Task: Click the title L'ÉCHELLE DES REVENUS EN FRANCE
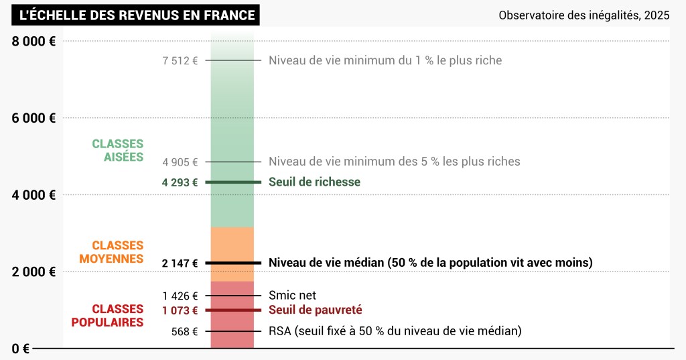[x=137, y=15]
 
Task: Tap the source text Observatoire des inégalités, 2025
[x=584, y=15]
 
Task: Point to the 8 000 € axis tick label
[x=33, y=41]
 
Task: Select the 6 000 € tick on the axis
[x=33, y=118]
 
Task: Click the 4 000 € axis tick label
[x=33, y=195]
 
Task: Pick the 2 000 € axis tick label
[x=33, y=272]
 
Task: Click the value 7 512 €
[x=180, y=60]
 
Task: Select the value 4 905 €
[x=180, y=162]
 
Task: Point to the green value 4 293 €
[x=180, y=182]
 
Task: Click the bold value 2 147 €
[x=180, y=263]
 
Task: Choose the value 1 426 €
[x=180, y=296]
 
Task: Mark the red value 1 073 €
[x=180, y=310]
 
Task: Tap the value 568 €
[x=185, y=331]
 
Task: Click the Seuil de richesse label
[x=314, y=182]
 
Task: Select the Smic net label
[x=292, y=296]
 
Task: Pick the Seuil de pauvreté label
[x=315, y=310]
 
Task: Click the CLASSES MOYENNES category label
[x=111, y=252]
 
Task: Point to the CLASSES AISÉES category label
[x=118, y=150]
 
